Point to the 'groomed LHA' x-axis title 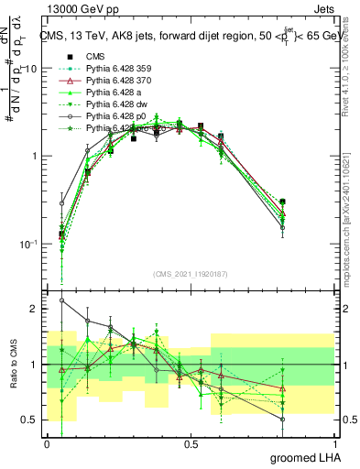tap(310, 457)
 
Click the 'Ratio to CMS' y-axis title tap(13, 364)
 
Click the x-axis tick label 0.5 tap(191, 444)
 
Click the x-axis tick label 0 tap(48, 444)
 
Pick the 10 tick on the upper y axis tap(31, 69)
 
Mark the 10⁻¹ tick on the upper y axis tap(28, 244)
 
